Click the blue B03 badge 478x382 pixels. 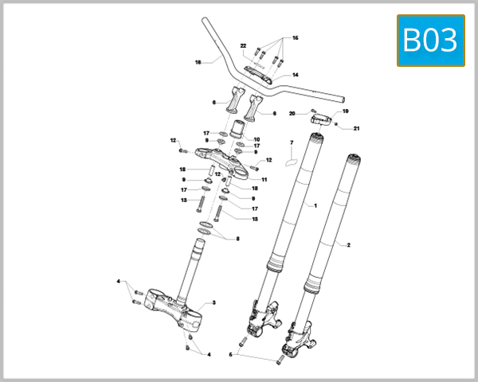(x=430, y=41)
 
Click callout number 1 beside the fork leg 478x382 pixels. (x=315, y=205)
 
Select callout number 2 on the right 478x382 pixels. (x=348, y=245)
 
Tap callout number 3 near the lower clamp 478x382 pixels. (x=214, y=303)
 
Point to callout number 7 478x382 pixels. (x=292, y=142)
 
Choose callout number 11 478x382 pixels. (x=264, y=180)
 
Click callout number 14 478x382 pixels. (x=295, y=75)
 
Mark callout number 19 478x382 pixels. (x=346, y=111)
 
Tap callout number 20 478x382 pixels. (x=292, y=114)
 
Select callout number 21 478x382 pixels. (x=357, y=128)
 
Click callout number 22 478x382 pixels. (x=244, y=45)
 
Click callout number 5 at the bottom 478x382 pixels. (x=231, y=354)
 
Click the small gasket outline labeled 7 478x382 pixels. (x=291, y=158)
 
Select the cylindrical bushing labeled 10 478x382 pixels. (x=240, y=129)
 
